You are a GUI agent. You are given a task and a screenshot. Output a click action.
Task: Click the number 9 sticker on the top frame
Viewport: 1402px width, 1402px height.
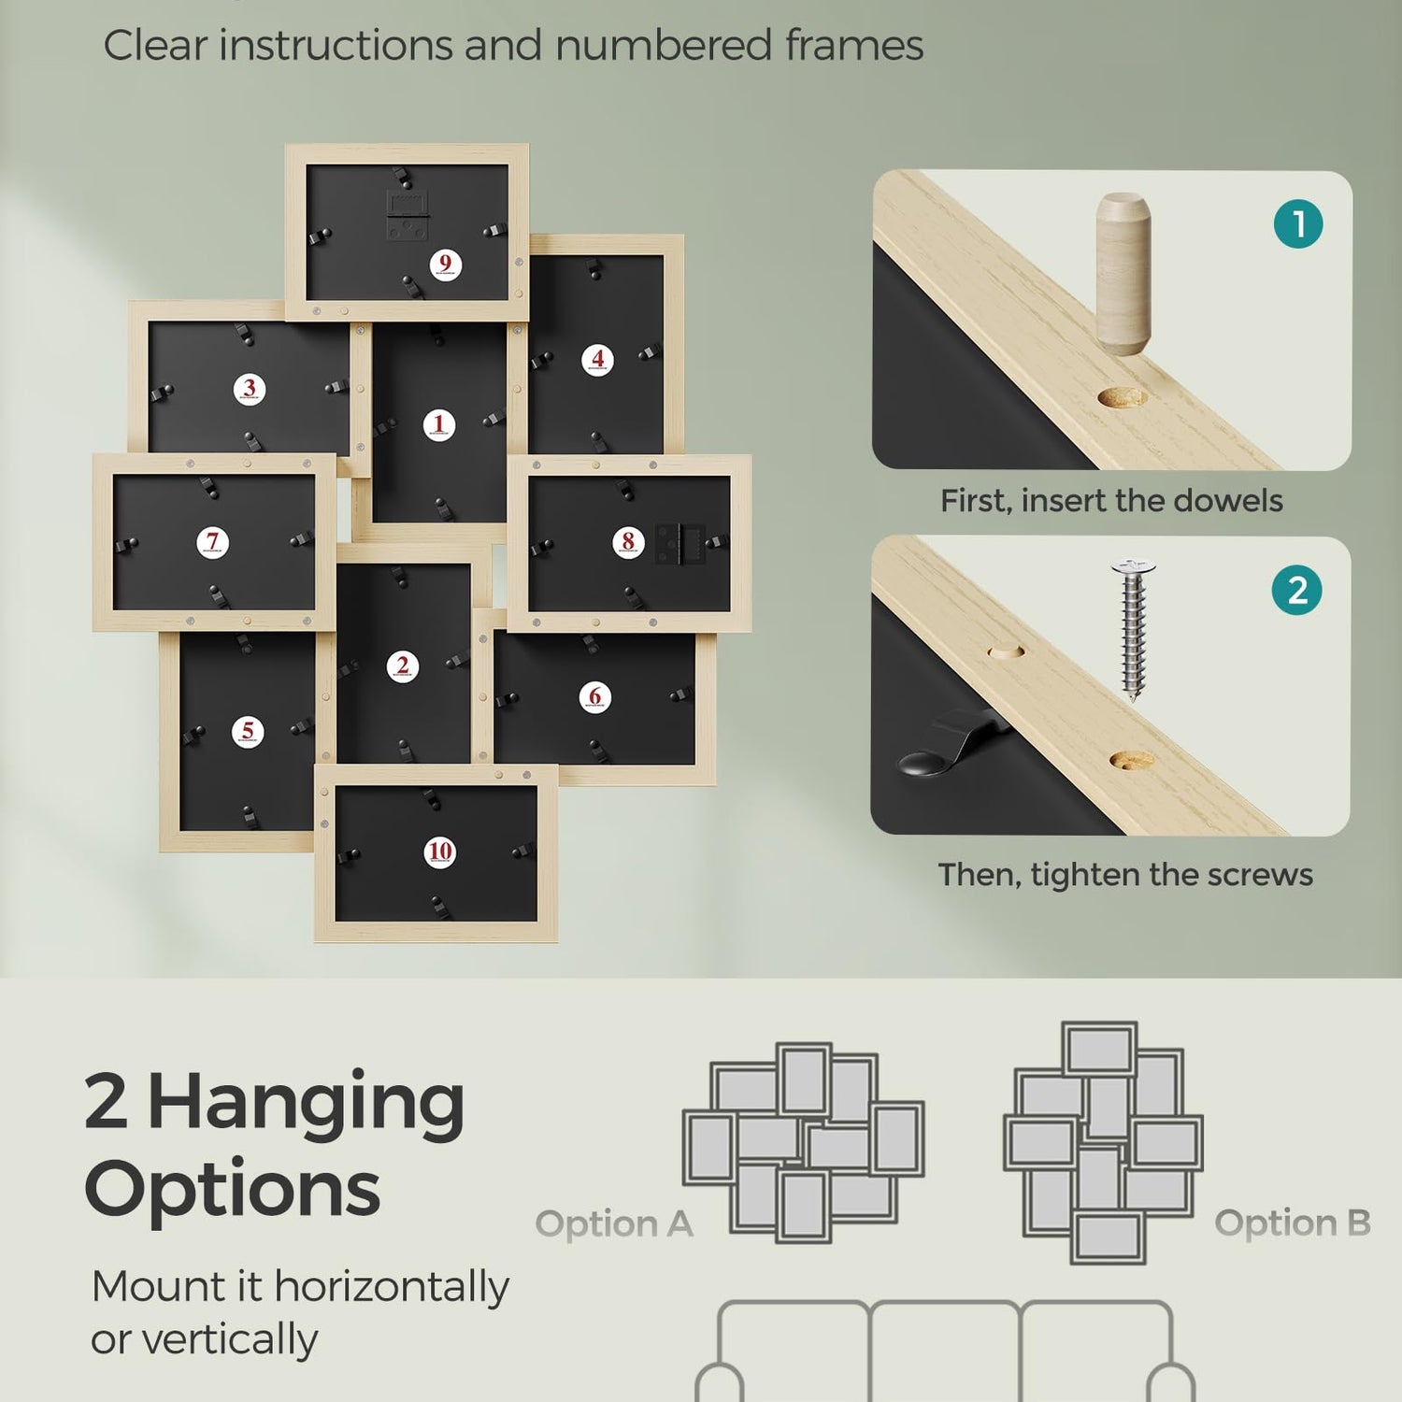(x=446, y=265)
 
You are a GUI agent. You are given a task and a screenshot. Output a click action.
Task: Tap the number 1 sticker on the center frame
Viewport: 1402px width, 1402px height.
(x=439, y=425)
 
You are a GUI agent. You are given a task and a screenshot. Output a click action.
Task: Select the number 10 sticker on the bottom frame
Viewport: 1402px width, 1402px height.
(x=439, y=851)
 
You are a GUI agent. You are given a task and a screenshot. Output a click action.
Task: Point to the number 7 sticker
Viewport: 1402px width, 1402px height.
(x=213, y=542)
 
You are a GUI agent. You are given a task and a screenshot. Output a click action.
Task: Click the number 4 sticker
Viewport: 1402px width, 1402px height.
(x=598, y=359)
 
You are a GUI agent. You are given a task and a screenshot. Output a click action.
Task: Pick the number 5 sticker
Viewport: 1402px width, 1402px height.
(x=248, y=731)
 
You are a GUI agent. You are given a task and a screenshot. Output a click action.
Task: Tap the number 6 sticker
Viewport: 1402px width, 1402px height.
(x=595, y=696)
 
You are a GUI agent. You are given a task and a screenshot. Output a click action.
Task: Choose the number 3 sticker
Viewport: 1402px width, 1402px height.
(x=250, y=389)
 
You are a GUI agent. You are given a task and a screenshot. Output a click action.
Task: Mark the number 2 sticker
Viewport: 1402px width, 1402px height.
(x=403, y=666)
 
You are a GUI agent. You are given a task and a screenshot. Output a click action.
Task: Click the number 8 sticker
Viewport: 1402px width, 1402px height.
(x=628, y=542)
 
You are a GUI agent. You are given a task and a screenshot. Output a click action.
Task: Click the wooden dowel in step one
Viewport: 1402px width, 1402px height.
(x=1123, y=274)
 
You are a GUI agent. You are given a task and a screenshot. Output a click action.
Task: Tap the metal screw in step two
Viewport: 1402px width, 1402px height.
(x=1134, y=629)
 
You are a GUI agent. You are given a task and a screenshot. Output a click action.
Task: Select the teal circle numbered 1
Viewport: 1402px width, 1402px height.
(x=1298, y=224)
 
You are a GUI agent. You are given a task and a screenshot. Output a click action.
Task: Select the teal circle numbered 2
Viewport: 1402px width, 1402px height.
(x=1297, y=590)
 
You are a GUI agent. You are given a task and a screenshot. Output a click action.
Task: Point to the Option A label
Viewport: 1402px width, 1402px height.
(x=614, y=1223)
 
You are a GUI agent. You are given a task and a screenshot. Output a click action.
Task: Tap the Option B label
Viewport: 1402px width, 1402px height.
(x=1293, y=1223)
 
